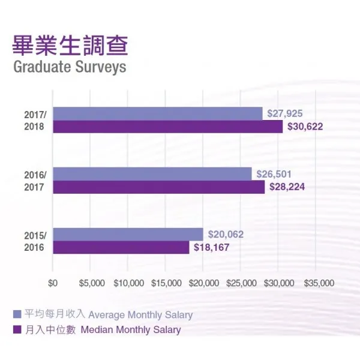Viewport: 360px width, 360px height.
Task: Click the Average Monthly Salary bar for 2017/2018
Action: (x=157, y=113)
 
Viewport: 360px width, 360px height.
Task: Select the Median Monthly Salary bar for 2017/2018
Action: (x=167, y=127)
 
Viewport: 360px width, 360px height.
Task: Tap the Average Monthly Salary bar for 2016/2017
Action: (x=152, y=173)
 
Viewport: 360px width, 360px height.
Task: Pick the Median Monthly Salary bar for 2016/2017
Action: (x=158, y=187)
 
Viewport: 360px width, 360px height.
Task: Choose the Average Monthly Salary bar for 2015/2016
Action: (x=128, y=234)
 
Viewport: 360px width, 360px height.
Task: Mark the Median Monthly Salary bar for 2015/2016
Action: (x=121, y=247)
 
